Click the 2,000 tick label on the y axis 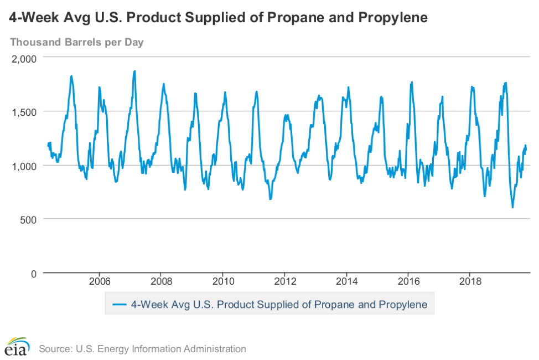[24, 59]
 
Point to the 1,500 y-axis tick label [24, 112]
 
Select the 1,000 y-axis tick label [24, 166]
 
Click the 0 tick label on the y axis [33, 274]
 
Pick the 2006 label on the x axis [99, 281]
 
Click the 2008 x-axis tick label [160, 281]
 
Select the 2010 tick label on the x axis [222, 281]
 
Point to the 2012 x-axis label [284, 281]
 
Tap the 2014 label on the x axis [346, 281]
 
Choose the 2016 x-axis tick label [408, 281]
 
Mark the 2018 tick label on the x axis [470, 281]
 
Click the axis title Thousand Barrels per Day [77, 42]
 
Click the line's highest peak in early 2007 [134, 71]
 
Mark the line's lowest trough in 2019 [512, 207]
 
